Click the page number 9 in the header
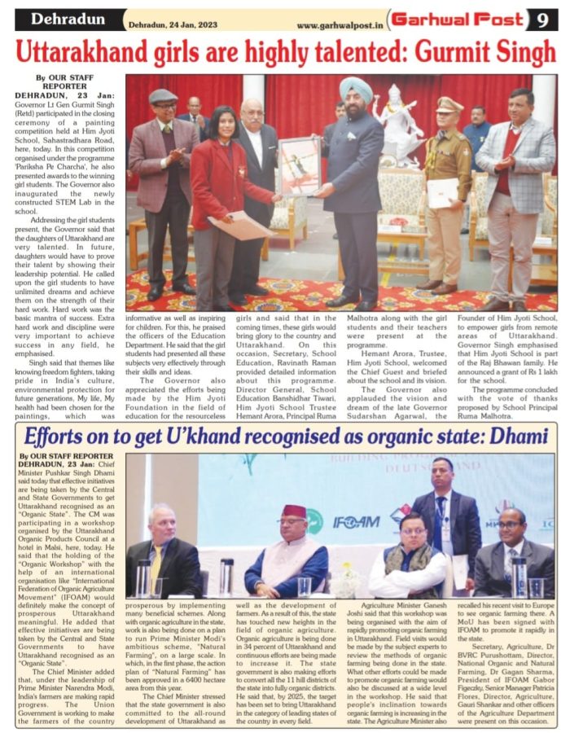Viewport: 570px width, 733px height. (x=542, y=19)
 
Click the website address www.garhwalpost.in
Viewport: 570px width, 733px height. (x=339, y=25)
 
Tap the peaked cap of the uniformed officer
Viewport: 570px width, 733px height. (x=448, y=104)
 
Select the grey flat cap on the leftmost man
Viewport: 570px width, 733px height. (x=163, y=96)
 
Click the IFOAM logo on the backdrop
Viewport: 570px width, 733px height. (x=356, y=521)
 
